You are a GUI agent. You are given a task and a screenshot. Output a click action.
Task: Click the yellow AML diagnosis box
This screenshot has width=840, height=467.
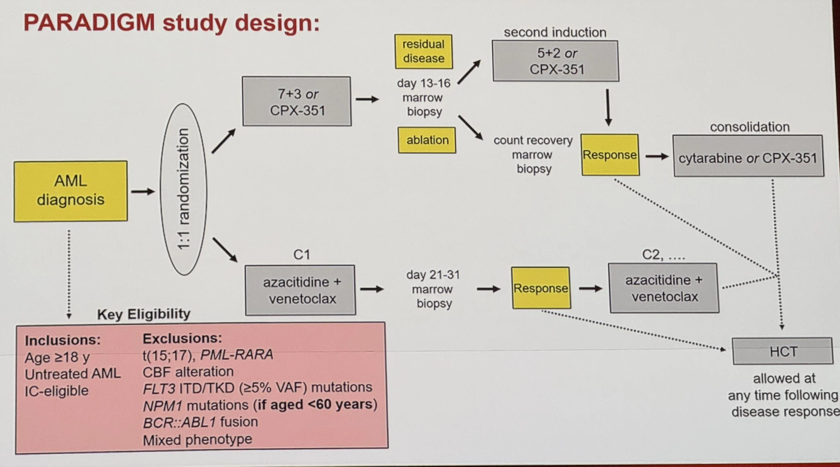pos(71,191)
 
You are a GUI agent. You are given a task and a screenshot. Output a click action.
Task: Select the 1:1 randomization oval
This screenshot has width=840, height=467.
pos(183,189)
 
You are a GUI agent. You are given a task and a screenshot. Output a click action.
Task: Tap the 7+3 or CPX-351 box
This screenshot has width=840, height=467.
pos(297,101)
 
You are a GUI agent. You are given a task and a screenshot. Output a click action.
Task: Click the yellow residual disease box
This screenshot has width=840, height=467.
pos(423,51)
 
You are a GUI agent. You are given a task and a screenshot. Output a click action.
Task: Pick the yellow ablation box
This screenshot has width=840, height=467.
pos(427,140)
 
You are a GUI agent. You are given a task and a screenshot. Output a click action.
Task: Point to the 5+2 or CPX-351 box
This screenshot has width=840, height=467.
pos(556,61)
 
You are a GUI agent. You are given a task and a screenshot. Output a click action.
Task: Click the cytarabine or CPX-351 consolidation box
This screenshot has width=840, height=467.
pos(748,157)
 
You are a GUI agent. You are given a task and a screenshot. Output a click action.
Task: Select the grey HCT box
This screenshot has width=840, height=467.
pos(783,351)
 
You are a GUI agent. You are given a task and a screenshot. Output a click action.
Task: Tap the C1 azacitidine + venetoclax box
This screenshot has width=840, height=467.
pos(301,290)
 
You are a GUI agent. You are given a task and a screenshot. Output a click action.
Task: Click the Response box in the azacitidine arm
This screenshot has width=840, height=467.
pos(541,288)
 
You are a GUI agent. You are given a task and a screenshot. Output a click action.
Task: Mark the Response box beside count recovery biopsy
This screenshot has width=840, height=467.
pos(610,155)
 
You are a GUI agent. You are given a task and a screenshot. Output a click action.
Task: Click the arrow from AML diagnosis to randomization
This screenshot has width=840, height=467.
pos(143,192)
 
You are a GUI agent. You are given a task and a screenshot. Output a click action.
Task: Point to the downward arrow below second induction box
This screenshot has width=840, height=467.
pos(608,108)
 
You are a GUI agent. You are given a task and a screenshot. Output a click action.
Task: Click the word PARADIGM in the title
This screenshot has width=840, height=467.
pos(89,23)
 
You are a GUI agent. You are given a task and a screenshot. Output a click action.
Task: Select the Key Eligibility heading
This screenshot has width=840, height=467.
pos(144,314)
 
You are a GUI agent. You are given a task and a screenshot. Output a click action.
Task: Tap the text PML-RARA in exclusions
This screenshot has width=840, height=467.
pos(237,354)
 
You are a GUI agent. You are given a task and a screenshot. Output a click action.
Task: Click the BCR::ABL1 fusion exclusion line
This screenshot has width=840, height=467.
pos(201,422)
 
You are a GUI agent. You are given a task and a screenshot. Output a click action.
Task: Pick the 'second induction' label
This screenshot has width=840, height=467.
pos(555,32)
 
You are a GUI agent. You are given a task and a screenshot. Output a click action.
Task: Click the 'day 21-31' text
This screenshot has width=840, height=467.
pos(433,275)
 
